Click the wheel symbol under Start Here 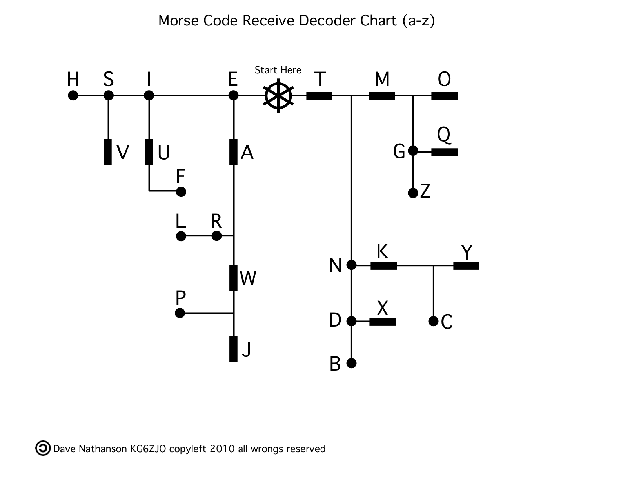[278, 96]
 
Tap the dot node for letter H [73, 95]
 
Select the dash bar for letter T [319, 96]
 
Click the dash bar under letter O [444, 96]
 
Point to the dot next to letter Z [413, 193]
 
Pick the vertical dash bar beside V [107, 152]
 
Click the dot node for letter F [181, 192]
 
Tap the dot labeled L [181, 236]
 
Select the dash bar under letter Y [466, 265]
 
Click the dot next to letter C [433, 321]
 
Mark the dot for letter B [352, 363]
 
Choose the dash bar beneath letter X [382, 322]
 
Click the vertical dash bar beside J [233, 349]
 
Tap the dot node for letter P [180, 313]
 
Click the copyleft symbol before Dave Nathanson [42, 448]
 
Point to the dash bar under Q [444, 152]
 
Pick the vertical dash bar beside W [233, 278]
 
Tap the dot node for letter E [233, 95]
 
